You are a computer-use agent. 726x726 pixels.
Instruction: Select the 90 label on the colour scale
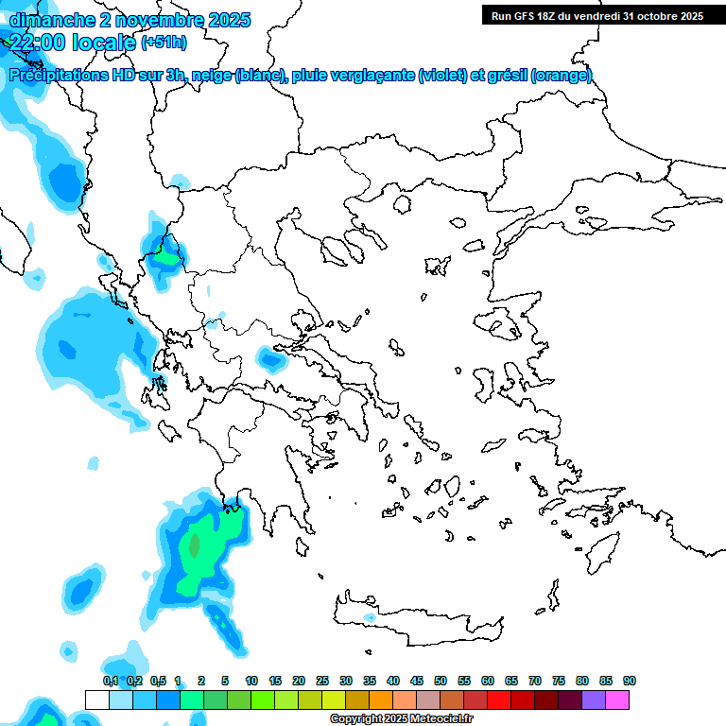tap(629, 681)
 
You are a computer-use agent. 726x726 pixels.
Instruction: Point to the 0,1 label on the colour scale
tap(111, 681)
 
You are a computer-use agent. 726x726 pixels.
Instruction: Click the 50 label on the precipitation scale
tap(441, 681)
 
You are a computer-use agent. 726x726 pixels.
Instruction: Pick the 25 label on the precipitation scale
tap(322, 681)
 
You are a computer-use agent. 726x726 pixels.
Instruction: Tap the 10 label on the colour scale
tap(251, 681)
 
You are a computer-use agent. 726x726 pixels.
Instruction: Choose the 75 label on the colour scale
tap(559, 681)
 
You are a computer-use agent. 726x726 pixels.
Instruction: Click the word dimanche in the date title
tap(44, 20)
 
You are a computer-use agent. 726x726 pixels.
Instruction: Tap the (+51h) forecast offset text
tap(164, 43)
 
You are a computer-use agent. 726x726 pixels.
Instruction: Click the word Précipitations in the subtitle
tap(58, 76)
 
